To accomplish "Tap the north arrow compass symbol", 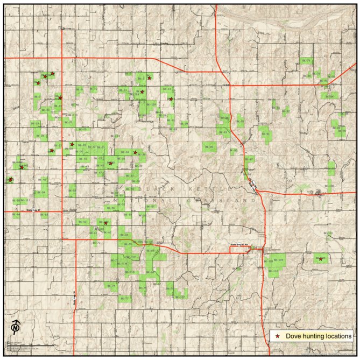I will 16,327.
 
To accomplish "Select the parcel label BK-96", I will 210,146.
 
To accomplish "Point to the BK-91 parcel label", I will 265,134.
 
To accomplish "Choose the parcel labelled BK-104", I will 280,261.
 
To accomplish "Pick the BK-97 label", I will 250,159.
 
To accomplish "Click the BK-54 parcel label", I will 43,192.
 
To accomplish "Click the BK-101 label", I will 330,233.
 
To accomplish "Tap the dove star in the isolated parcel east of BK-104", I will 321,259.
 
